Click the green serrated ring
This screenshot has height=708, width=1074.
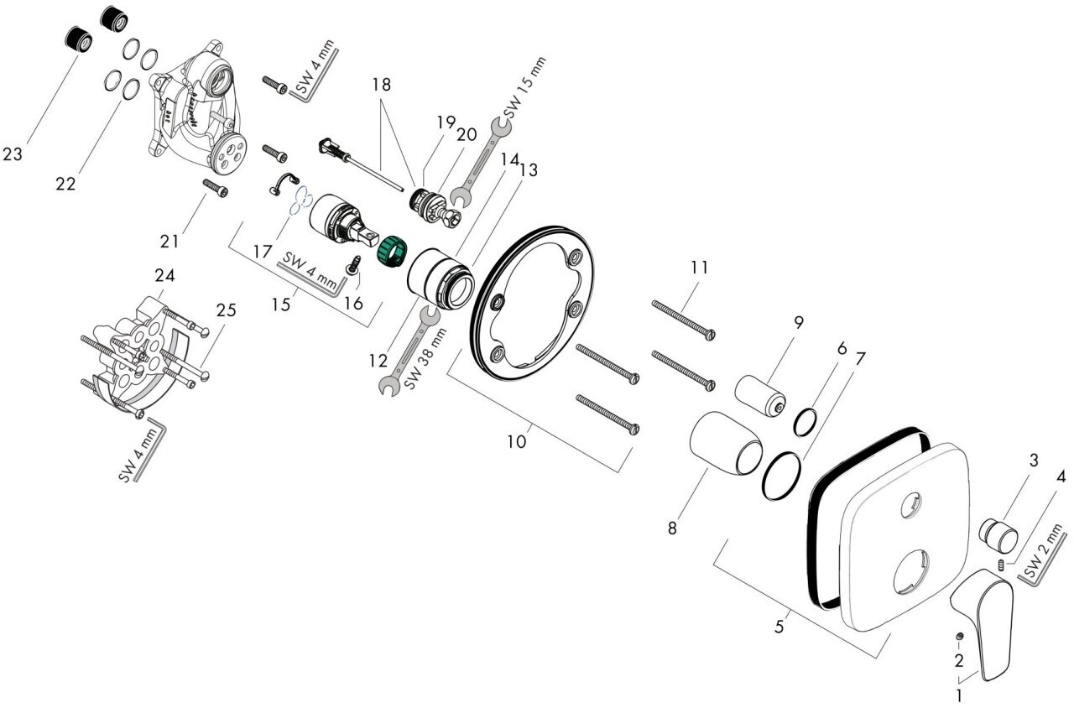(x=390, y=251)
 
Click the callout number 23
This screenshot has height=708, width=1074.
(x=13, y=154)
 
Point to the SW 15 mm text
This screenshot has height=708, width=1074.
(x=524, y=87)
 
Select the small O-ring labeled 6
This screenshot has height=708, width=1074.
(x=805, y=422)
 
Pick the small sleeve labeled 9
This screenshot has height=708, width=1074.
(x=761, y=394)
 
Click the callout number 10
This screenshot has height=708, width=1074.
(x=516, y=440)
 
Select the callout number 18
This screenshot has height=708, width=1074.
(x=382, y=85)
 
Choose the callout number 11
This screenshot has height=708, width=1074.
(x=699, y=268)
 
